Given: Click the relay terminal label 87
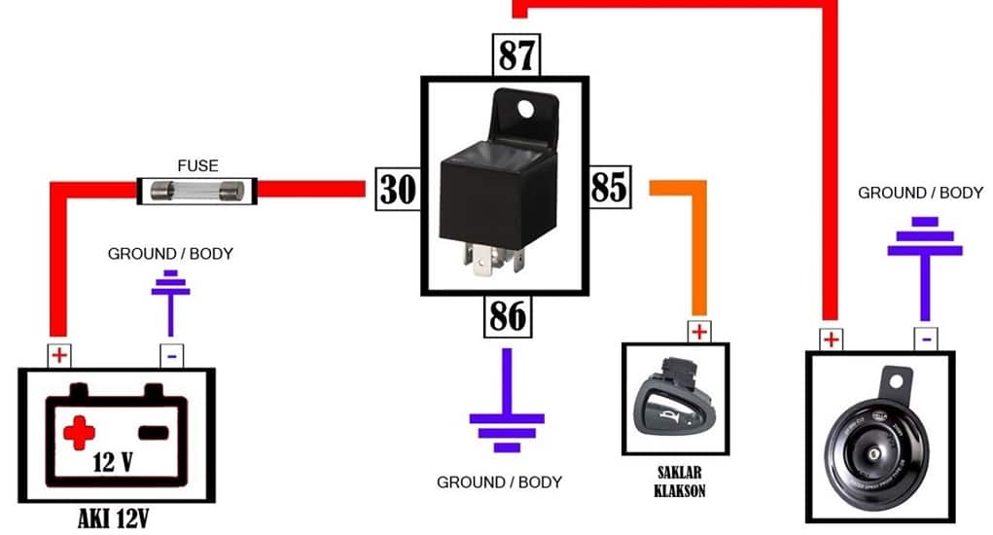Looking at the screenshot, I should pos(516,55).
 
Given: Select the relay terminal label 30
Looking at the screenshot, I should pos(397,188).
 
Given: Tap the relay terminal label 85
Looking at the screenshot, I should pos(610,187).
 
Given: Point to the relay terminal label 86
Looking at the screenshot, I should pos(508,316).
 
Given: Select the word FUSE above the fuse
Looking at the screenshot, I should pos(198,165).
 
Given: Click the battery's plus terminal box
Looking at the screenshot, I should pos(59,355).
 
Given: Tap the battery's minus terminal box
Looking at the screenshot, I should pos(171,356).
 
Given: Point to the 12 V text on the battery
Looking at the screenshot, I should pos(113,461).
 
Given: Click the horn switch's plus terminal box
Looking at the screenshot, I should pos(699,331).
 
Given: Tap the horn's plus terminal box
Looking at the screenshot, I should pos(830,339).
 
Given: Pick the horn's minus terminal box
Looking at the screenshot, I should pos(926,339).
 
